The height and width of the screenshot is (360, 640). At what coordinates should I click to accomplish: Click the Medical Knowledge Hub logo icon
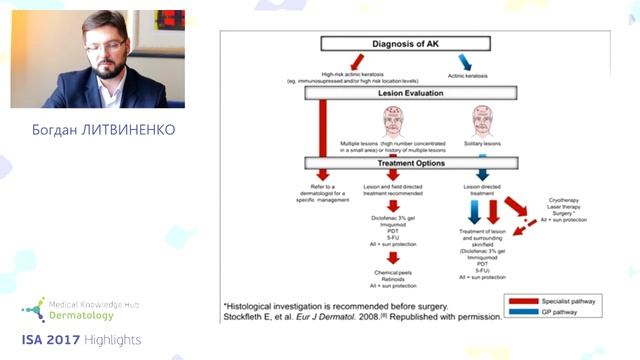pyautogui.click(x=32, y=307)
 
